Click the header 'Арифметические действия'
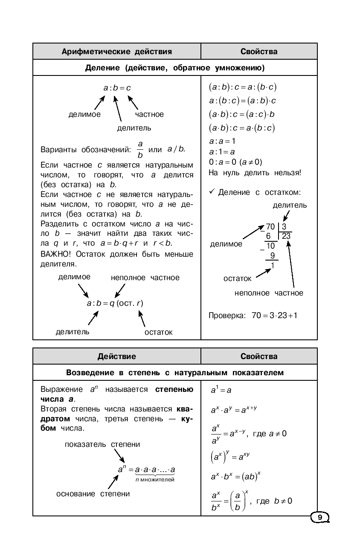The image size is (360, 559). pos(117,52)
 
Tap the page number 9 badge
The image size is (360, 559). pos(320,518)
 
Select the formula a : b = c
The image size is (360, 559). pos(117,88)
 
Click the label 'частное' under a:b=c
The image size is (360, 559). pos(149,114)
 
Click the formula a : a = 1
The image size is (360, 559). pos(222,141)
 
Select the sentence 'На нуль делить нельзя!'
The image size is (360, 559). pos(255,173)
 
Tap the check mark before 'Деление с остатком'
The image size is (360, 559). pos(212,192)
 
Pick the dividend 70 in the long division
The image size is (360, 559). pos(270,227)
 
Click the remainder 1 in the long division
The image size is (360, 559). pos(273,266)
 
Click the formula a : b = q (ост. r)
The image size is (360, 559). pos(115,304)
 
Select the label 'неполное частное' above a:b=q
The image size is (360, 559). pos(145,278)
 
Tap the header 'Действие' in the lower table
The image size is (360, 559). pos(117,356)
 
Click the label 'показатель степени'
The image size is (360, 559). pos(102,445)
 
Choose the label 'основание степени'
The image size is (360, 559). pos(93,494)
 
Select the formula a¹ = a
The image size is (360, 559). pos(221,390)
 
